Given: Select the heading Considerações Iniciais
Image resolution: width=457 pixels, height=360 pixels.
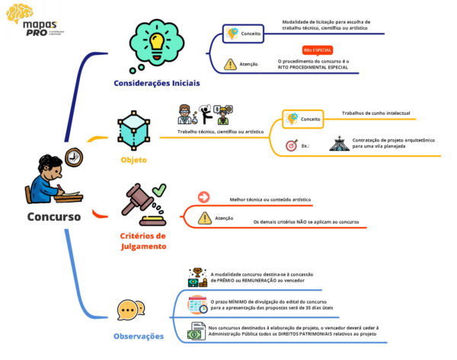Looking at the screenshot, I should [157, 83].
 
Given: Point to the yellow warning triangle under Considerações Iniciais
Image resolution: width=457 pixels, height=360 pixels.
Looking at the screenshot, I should [231, 65].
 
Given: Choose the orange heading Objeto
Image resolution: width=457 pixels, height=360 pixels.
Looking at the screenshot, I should [133, 161].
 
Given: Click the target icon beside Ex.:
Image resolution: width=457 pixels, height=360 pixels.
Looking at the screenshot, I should [291, 145].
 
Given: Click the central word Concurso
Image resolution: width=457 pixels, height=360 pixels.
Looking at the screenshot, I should [53, 216].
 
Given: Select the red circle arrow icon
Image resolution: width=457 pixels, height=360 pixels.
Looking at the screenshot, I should [203, 197].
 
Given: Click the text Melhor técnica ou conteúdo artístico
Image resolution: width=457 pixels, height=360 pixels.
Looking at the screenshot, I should [270, 199].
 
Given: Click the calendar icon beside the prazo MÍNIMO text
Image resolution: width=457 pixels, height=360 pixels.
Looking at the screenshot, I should [197, 304].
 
